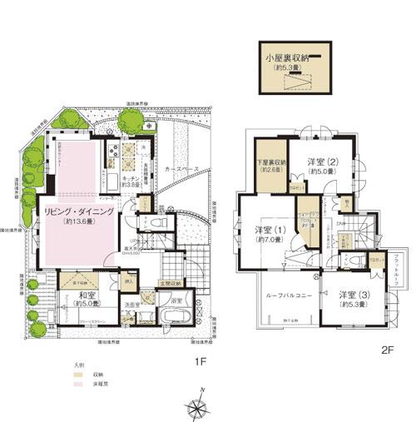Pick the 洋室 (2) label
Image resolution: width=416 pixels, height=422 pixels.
pyautogui.click(x=319, y=161)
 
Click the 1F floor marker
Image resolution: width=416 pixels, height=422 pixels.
pyautogui.click(x=200, y=361)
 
